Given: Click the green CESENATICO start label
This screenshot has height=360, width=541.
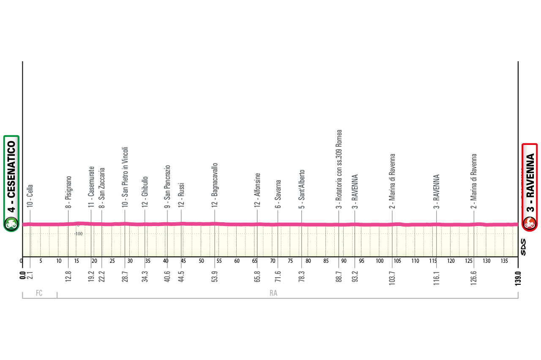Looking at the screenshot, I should coord(11,176).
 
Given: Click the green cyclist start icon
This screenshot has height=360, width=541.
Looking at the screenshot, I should coord(11,224).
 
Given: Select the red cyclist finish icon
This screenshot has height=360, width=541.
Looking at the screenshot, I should coord(530,223).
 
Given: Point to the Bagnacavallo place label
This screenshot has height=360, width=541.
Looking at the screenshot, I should coord(215,185).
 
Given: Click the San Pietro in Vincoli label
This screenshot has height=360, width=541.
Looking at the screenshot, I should coord(125,177).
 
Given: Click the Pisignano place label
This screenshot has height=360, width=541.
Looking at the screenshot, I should coord(68,192).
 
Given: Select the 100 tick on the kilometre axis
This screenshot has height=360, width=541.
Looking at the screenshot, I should coord(380,261).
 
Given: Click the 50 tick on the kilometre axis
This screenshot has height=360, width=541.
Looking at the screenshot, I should coord(201,261).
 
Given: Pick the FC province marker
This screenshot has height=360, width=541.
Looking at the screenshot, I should coord(39,293).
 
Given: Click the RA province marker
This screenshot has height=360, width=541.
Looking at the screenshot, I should coord(273,293).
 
